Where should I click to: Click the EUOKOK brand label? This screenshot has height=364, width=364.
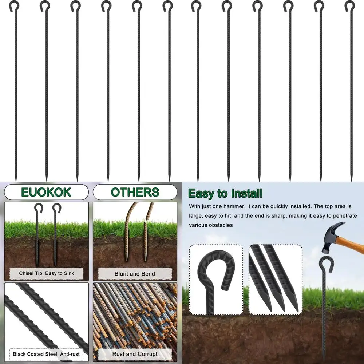point(46,192)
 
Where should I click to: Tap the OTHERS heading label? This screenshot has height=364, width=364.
point(135,192)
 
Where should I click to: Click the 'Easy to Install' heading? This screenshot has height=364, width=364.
point(225,193)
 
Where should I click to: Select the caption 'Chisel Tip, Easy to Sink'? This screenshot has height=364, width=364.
point(46,273)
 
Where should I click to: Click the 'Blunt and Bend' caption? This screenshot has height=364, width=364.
point(135,274)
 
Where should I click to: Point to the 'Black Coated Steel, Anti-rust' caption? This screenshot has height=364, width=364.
point(46,354)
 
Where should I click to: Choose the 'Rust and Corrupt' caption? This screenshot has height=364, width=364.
point(135,354)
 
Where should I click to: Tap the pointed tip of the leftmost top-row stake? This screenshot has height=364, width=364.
point(16,178)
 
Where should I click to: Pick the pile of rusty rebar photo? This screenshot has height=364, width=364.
point(135,315)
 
